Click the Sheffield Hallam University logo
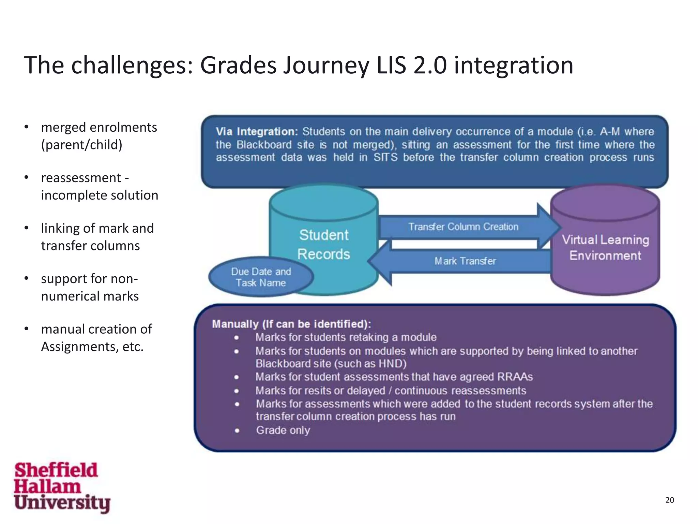[61, 487]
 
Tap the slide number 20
[669, 500]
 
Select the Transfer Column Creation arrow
[464, 227]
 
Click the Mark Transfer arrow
[465, 261]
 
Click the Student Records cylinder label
[324, 244]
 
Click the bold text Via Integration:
[257, 132]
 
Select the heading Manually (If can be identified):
[291, 324]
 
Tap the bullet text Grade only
[283, 430]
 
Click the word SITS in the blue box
[385, 158]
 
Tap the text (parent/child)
[81, 145]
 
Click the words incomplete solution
[100, 195]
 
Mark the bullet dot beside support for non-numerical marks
[26, 278]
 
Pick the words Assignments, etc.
[92, 347]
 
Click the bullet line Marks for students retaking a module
[346, 337]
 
